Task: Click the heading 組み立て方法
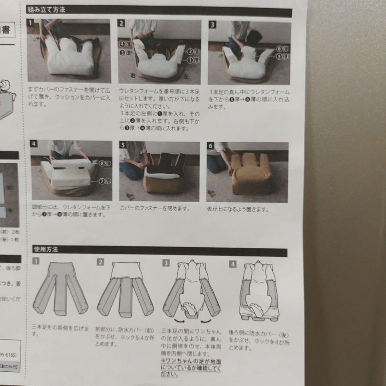click(47, 10)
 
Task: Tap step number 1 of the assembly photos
click(31, 23)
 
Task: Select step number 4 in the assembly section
click(34, 144)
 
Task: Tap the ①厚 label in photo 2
click(193, 61)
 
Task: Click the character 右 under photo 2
click(133, 76)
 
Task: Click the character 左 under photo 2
click(186, 76)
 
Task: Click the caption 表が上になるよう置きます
click(238, 209)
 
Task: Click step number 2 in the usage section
click(100, 262)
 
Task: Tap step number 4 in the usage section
click(233, 264)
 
